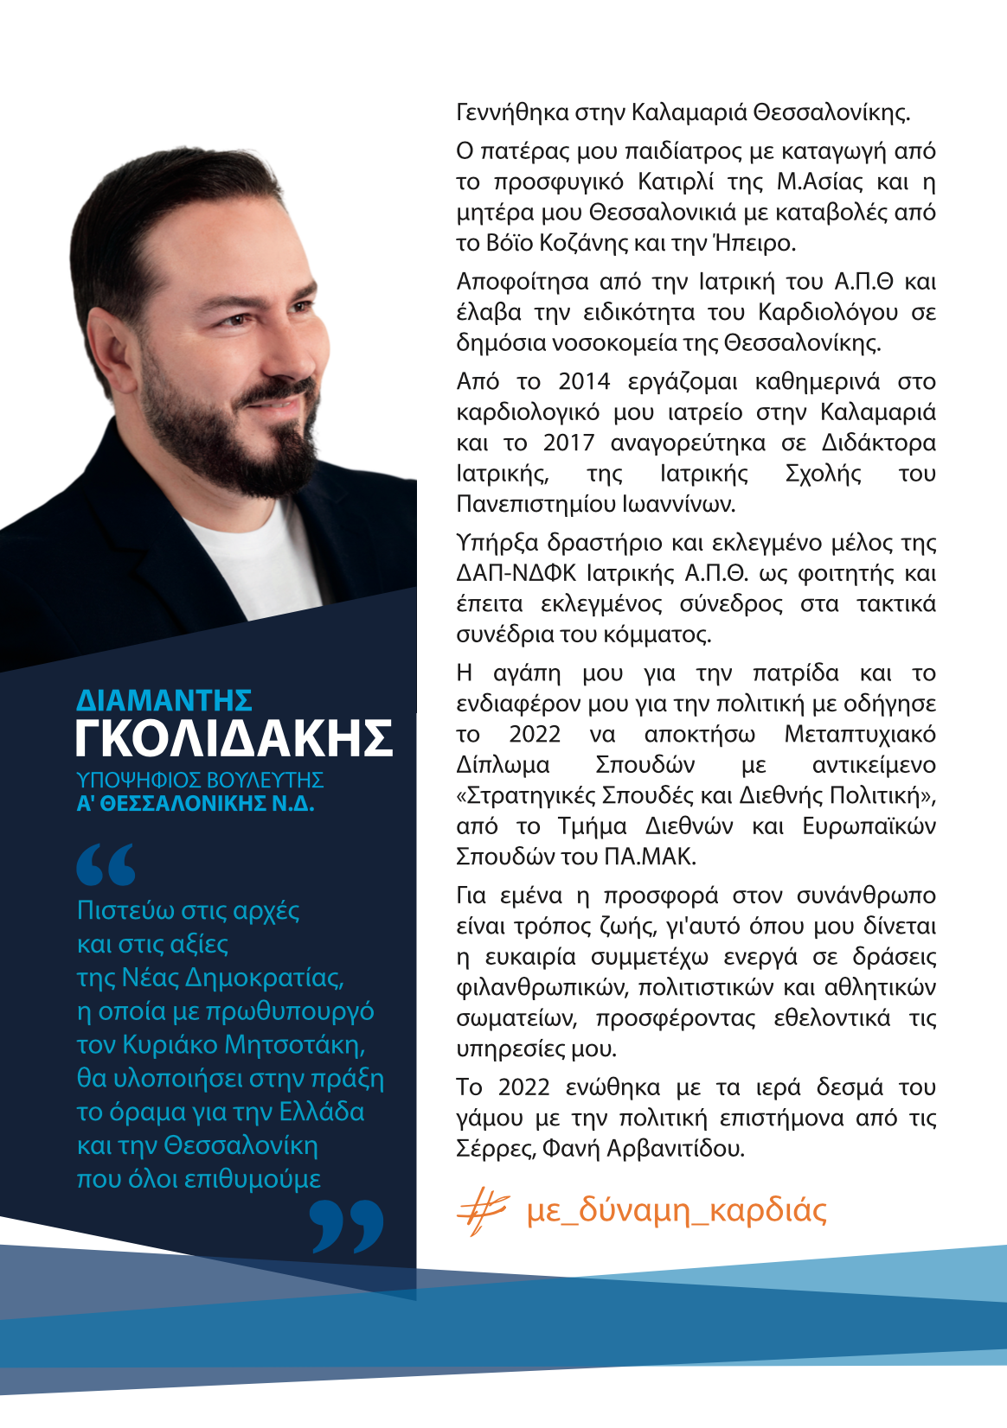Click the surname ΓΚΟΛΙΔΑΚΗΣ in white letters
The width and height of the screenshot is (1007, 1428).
[x=234, y=738]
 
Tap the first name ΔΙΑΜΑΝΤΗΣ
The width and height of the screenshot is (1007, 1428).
[x=164, y=700]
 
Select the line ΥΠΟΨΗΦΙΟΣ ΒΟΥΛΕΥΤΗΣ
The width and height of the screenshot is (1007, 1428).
[x=200, y=780]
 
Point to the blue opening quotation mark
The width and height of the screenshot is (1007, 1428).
[x=106, y=864]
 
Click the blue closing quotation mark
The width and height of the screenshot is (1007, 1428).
[x=347, y=1226]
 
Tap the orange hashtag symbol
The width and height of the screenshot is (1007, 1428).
[x=481, y=1210]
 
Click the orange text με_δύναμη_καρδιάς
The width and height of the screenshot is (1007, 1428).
[x=677, y=1210]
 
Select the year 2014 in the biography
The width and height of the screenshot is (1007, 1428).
[x=584, y=381]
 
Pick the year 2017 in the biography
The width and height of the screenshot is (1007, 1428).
[x=568, y=443]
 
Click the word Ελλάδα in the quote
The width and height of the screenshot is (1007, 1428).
[x=322, y=1112]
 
